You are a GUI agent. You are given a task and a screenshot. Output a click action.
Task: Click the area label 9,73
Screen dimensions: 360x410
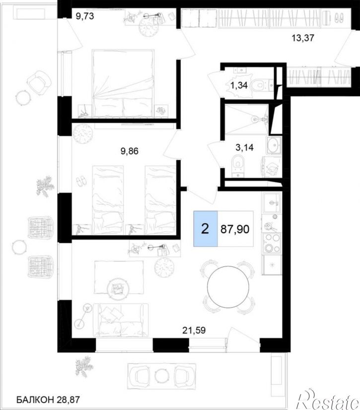point(84,16)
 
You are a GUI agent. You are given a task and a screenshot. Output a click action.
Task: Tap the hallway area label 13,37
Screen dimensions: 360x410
point(302,38)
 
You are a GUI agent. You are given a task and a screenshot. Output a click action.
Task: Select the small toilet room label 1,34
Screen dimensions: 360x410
point(239,85)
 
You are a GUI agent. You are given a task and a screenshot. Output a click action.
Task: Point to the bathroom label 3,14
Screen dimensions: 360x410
point(244,148)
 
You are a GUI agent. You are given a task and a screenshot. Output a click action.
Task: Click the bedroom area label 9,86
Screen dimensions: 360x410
point(129,151)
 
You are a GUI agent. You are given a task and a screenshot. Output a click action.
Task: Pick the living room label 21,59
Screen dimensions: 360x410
point(194,330)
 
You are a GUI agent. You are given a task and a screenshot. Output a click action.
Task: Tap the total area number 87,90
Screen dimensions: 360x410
point(235,229)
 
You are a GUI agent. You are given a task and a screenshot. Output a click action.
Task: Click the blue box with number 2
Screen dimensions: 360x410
point(206,229)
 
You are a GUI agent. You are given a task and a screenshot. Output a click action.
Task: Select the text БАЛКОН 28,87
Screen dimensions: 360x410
point(48,399)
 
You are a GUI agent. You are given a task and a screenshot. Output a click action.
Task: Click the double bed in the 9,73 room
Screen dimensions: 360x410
point(123,83)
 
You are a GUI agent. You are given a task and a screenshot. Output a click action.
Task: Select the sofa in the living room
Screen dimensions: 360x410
point(121,320)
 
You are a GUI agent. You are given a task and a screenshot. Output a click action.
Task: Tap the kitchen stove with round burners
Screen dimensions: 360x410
point(272,243)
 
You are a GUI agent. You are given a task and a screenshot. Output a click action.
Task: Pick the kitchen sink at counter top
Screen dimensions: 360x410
point(272,202)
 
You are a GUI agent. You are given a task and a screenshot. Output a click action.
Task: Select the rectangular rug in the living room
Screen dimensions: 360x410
point(119,277)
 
